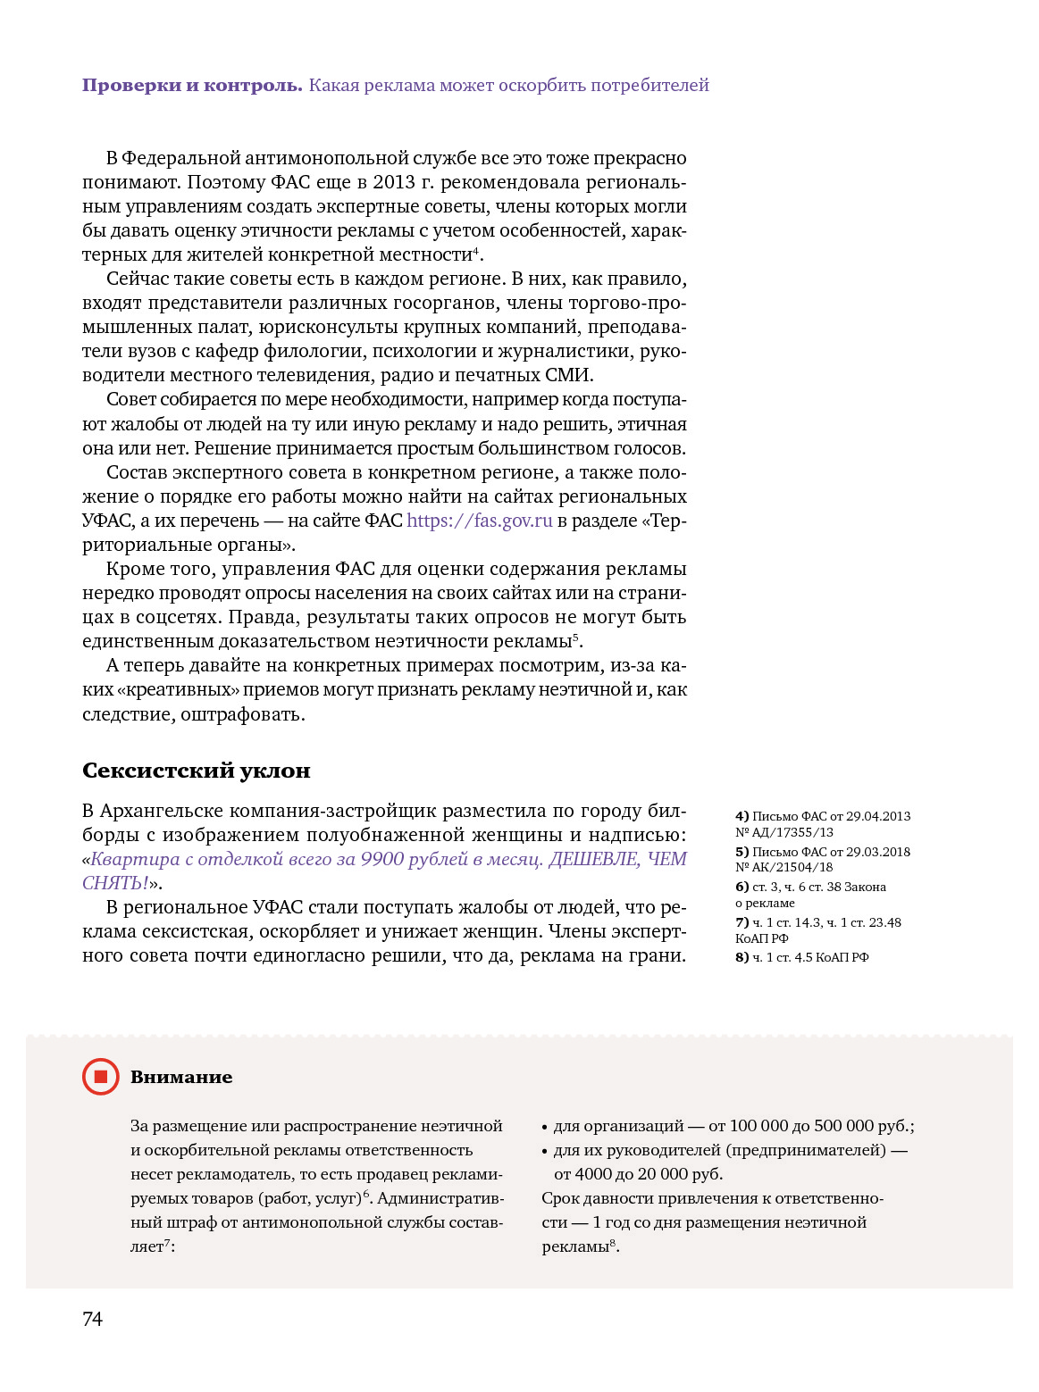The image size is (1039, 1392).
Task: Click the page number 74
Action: pos(92,1319)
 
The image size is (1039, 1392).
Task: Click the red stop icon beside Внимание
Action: pos(101,1077)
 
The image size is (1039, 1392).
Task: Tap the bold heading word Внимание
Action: pos(181,1077)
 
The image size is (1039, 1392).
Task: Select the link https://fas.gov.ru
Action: pos(480,521)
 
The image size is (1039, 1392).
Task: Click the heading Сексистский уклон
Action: pos(197,770)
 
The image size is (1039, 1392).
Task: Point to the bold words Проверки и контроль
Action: pos(192,86)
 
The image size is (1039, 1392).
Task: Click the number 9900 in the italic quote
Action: pos(382,859)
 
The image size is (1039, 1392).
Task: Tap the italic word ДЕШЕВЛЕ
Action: pos(594,859)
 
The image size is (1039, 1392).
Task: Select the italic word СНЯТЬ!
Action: pos(115,883)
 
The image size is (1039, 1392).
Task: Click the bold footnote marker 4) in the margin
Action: pos(742,816)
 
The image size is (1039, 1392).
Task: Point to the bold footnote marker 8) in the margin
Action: pos(742,957)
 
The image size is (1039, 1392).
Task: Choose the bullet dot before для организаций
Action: pos(545,1127)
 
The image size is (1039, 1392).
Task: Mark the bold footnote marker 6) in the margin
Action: pos(742,887)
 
